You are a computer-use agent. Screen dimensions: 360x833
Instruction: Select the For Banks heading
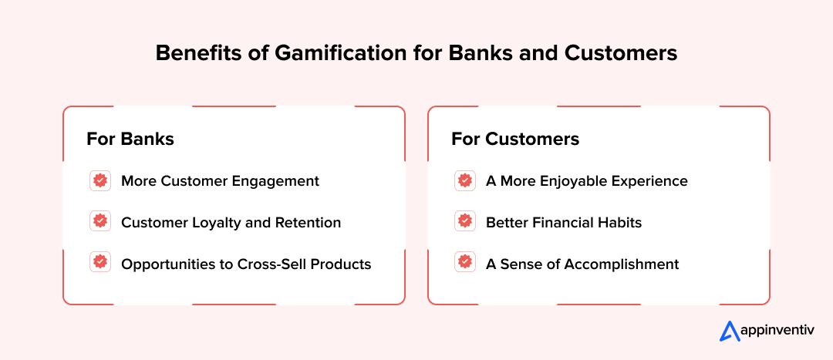tap(130, 139)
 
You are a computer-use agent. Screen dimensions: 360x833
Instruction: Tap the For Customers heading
tap(515, 139)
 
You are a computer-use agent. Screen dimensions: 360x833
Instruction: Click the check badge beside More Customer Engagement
tap(99, 181)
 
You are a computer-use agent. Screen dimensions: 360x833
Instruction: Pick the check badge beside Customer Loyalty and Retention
tap(99, 222)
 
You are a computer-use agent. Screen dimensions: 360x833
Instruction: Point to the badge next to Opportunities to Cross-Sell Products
tap(99, 264)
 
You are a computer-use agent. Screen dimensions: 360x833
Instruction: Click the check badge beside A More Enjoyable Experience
tap(464, 181)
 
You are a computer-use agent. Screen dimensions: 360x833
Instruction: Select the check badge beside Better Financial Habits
tap(464, 222)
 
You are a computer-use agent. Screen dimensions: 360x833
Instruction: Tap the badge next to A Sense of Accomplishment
tap(464, 264)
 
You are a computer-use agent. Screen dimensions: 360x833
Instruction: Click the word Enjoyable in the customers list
tap(575, 181)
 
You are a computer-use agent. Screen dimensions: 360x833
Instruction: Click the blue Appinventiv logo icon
tap(730, 331)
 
